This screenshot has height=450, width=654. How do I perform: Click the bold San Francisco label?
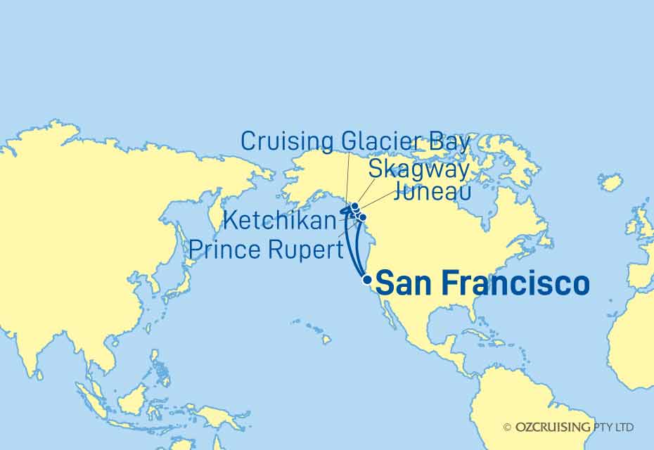point(482,284)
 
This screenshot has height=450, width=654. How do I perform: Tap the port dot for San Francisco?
point(366,279)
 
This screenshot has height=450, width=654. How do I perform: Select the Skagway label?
point(418,169)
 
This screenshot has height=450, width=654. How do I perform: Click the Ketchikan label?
point(279,220)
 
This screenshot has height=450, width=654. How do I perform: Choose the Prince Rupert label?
point(267,249)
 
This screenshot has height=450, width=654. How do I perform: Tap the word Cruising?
point(287,141)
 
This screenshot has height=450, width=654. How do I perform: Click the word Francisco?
point(518,284)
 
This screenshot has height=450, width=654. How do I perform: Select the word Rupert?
point(307,249)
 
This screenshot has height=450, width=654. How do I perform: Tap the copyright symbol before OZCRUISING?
point(507,427)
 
